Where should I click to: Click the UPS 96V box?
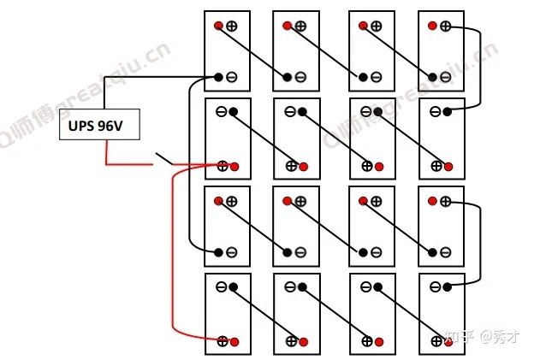pos(98,127)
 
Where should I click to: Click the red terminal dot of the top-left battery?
pos(218,25)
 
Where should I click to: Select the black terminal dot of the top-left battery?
pos(218,78)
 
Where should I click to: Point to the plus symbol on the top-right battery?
pos(445,27)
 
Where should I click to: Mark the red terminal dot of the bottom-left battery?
pos(234,341)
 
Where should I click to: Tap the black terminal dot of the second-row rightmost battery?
pos(448,111)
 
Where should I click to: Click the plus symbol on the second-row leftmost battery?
pos(222,166)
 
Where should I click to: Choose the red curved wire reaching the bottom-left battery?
pos(174,257)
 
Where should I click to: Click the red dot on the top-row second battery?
pos(288,27)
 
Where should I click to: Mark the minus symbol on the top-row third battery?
pos(376,79)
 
